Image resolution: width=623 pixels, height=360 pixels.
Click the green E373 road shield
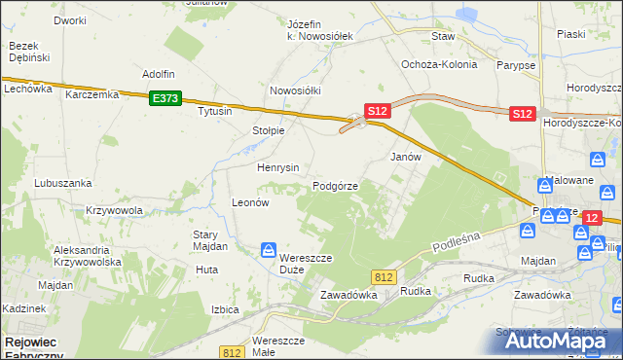pos(165,98)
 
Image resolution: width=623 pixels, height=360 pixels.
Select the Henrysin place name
pos(277,167)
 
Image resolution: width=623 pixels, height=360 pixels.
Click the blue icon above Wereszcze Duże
pos(268,252)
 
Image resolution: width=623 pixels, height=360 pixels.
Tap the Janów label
pos(405,157)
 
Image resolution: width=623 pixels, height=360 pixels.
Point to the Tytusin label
pos(215,111)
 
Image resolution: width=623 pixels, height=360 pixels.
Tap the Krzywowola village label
pos(114,210)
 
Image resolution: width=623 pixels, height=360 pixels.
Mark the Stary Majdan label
pos(210,240)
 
